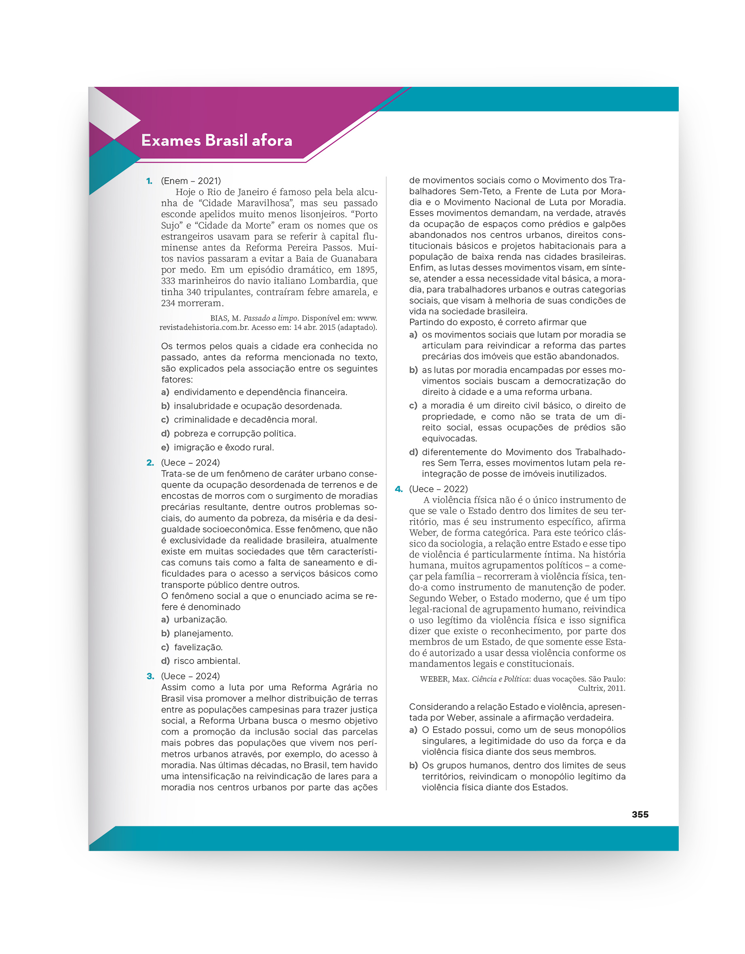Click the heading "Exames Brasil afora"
click(x=217, y=141)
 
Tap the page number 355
click(x=640, y=814)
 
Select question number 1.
click(x=149, y=181)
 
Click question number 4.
click(x=398, y=489)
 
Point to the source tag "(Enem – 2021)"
click(x=191, y=181)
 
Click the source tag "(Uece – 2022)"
click(x=438, y=489)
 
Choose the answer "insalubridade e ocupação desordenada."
click(x=257, y=406)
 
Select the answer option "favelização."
click(x=198, y=647)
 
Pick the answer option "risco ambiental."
click(x=207, y=661)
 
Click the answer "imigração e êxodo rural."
click(x=224, y=447)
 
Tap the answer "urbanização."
click(x=200, y=620)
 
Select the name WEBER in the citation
click(x=434, y=679)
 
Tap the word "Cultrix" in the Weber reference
click(x=591, y=688)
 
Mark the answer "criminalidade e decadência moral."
click(x=245, y=420)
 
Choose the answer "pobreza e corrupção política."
click(x=235, y=433)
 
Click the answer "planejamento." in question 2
click(x=203, y=633)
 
